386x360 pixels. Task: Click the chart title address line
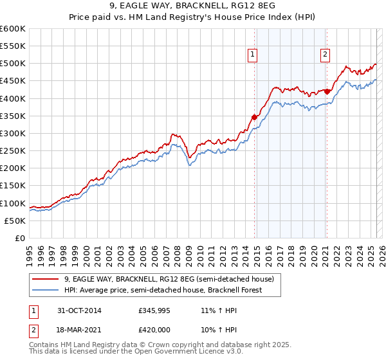click(x=193, y=6)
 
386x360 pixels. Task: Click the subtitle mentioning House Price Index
click(x=193, y=17)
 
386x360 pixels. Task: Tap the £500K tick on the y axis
click(x=13, y=64)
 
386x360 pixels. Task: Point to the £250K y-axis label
click(x=13, y=151)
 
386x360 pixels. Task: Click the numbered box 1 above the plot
click(x=253, y=55)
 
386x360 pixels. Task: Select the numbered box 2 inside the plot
click(x=326, y=55)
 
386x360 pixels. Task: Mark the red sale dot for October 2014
click(x=255, y=117)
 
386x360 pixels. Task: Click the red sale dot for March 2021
click(x=327, y=91)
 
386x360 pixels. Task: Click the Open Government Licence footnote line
click(x=135, y=352)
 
